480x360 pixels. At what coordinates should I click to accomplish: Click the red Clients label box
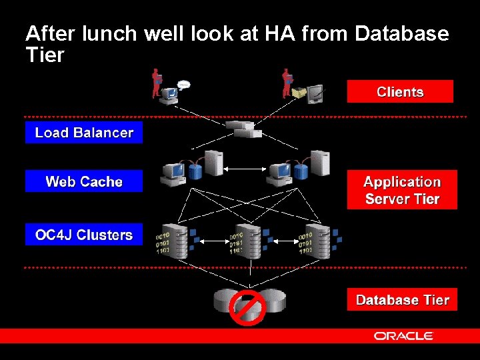(400, 92)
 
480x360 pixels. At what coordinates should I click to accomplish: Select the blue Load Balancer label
(84, 133)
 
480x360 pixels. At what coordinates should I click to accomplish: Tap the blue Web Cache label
(84, 181)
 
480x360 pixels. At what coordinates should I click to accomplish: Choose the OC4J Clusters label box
(84, 235)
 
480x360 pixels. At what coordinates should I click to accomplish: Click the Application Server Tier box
(402, 190)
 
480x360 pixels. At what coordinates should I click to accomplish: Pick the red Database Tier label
(402, 300)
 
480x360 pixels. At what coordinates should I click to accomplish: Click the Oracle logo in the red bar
(403, 336)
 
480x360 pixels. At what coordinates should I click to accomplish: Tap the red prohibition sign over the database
(247, 307)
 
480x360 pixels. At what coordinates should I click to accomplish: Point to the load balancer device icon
(243, 129)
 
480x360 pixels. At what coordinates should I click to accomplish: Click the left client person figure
(157, 83)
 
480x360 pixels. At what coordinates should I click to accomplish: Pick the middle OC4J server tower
(249, 241)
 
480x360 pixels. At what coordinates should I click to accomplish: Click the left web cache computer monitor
(173, 172)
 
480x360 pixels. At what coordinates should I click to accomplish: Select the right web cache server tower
(320, 164)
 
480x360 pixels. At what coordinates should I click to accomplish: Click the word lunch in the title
(111, 33)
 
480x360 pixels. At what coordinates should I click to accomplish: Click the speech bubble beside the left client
(183, 85)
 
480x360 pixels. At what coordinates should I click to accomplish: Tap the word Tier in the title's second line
(45, 55)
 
